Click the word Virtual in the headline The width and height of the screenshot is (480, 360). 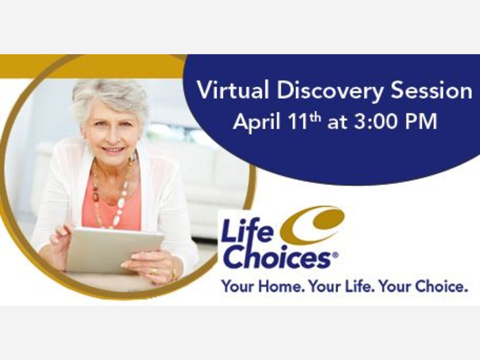[233, 90]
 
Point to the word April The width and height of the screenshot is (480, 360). [257, 122]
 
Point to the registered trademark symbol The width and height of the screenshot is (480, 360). [336, 255]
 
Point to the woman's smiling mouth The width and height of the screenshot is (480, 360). [114, 150]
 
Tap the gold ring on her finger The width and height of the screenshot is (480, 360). [154, 271]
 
